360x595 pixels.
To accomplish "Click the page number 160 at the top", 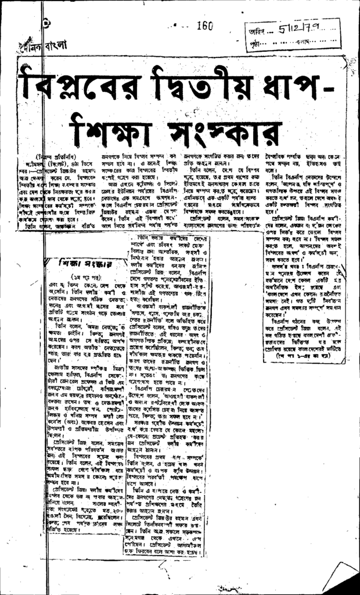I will pyautogui.click(x=205, y=25).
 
